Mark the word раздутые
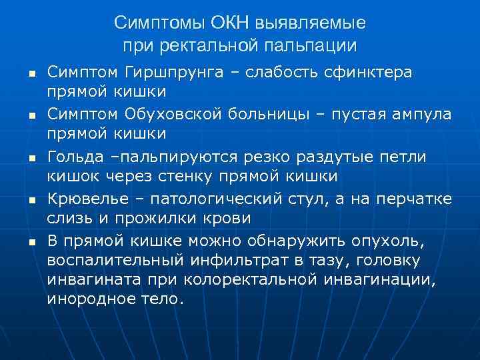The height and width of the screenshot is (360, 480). pyautogui.click(x=325, y=157)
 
